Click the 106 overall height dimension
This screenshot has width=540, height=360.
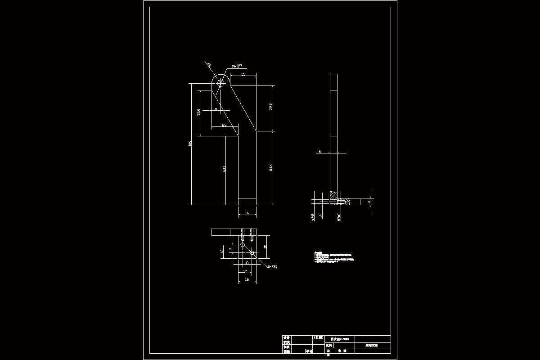(x=190, y=144)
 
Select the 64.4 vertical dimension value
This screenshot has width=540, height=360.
(x=270, y=168)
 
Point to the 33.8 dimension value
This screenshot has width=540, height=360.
(x=270, y=107)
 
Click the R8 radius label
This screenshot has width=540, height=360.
(x=209, y=65)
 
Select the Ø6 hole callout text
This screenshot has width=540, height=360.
(x=237, y=66)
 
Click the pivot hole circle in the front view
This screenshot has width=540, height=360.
(x=220, y=83)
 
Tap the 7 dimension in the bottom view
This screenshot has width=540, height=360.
(x=230, y=249)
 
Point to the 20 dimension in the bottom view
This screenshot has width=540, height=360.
(x=265, y=246)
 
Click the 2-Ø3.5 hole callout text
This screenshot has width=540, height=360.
(x=273, y=267)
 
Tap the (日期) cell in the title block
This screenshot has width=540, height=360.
(x=319, y=337)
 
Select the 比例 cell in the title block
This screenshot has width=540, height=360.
(x=328, y=345)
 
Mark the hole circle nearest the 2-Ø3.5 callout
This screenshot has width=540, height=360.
(x=252, y=253)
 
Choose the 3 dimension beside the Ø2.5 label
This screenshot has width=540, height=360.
(x=321, y=216)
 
